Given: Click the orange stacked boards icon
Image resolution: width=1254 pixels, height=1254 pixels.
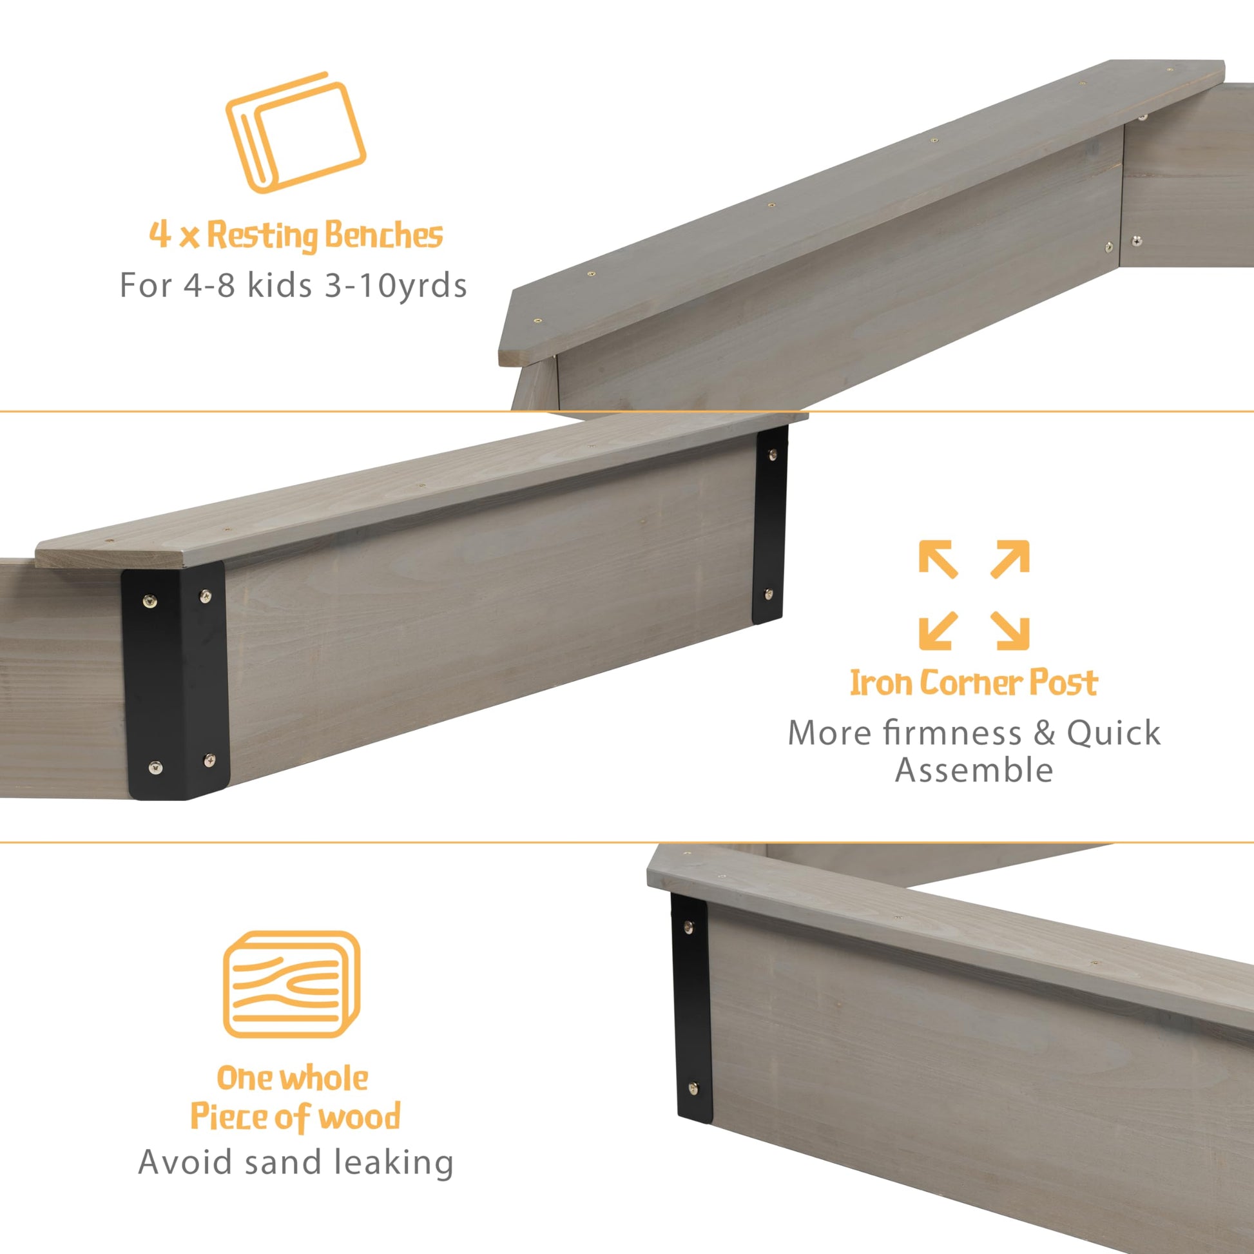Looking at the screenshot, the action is coord(295,132).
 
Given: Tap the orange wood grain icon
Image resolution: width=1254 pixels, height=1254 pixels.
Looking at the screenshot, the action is coord(291,984).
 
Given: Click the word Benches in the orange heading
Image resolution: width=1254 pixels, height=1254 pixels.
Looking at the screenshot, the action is coord(383,235).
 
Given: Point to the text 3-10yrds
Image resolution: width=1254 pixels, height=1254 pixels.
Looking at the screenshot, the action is coord(396,285).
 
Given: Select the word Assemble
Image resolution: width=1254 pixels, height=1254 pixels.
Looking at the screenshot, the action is coord(974,771).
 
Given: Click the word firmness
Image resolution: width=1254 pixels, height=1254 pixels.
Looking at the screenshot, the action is coord(952,733).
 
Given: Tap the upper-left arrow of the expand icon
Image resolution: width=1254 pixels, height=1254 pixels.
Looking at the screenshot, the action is coord(938,559).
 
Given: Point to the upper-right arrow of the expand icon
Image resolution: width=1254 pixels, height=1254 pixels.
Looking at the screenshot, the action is coord(1010,559).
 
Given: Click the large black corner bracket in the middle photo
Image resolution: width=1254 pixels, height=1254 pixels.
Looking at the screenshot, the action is coord(176,681).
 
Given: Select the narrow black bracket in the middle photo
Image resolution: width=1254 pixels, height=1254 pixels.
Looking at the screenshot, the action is coord(769,525).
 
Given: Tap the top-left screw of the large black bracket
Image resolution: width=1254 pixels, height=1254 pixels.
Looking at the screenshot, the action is coord(151,601).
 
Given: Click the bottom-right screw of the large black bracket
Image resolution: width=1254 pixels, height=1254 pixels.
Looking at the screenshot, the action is coord(209,758).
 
